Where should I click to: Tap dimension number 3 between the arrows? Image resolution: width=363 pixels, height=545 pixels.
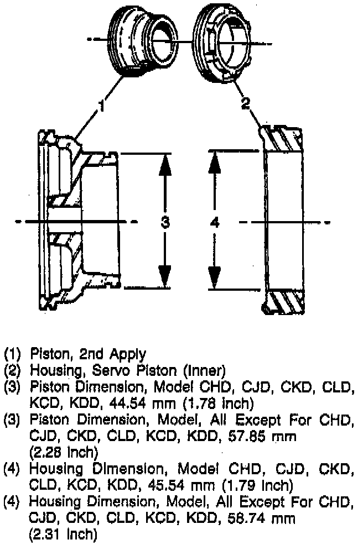click(164, 222)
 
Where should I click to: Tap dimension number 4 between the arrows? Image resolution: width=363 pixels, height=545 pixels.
click(215, 222)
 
